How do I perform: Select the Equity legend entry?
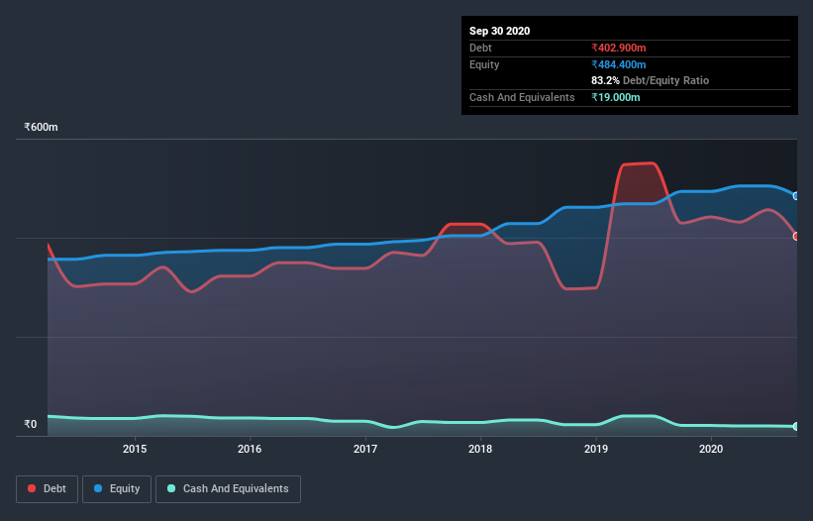(x=116, y=488)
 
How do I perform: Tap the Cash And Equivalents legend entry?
(x=228, y=488)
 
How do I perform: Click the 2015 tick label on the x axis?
(x=135, y=449)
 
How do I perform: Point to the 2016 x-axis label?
(x=250, y=449)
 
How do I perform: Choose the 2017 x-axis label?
(x=365, y=449)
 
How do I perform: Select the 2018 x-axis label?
(x=480, y=449)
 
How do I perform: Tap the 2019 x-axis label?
(x=596, y=449)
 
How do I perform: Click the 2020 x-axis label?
(x=711, y=449)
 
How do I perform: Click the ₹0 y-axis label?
(x=30, y=424)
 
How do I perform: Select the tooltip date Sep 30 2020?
(x=499, y=31)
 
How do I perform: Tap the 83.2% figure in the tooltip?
(x=606, y=80)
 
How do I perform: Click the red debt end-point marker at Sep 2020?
(x=795, y=236)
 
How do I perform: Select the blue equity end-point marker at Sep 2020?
(x=795, y=196)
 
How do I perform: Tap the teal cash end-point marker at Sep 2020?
(x=795, y=426)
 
